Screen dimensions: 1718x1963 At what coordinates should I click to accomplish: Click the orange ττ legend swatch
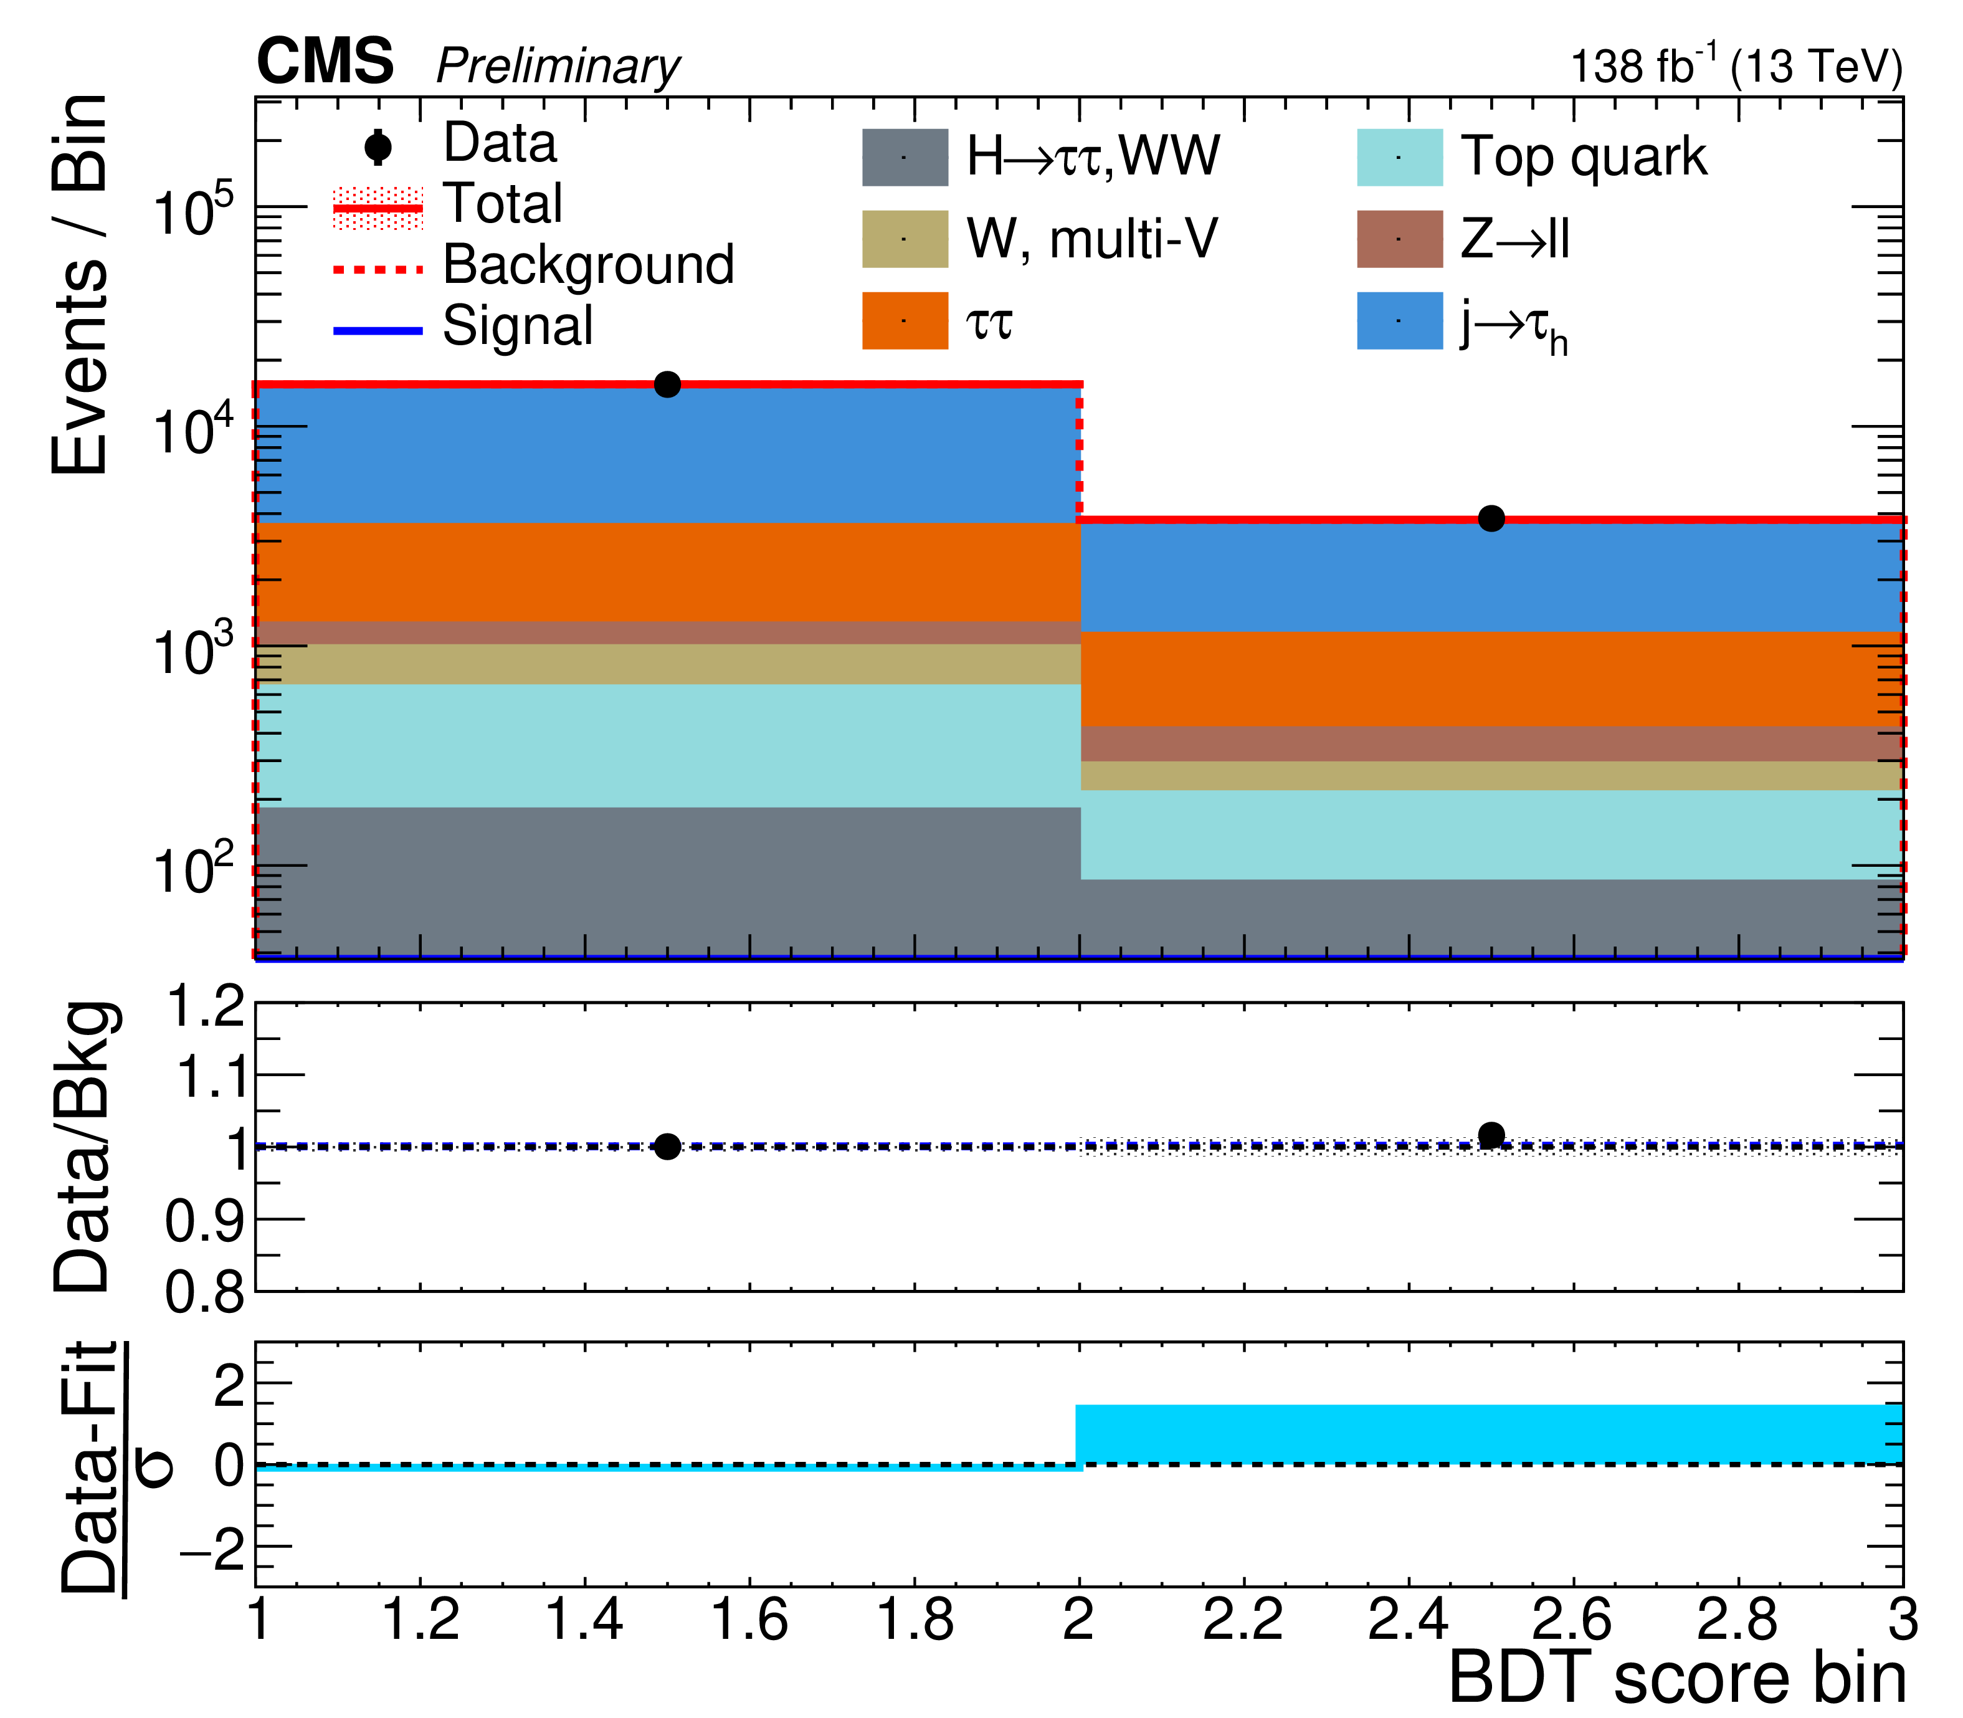905,321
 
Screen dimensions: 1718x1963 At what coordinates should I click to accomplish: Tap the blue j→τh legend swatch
1399,321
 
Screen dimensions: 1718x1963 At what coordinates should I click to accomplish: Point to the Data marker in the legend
379,146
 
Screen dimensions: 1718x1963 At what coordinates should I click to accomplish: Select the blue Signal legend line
379,331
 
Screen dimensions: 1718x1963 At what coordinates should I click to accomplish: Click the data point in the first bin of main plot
667,384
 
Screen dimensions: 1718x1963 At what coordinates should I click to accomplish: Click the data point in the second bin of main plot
1491,518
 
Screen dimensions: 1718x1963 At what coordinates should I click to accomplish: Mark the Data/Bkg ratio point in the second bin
1491,1136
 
